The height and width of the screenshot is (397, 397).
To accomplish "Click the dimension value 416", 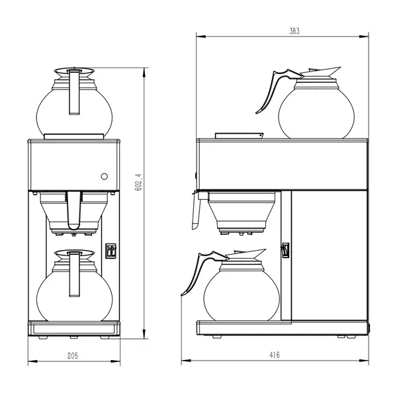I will click(275, 355).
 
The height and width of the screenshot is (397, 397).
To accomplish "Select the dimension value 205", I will click(73, 355).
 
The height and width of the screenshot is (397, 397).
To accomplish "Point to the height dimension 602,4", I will click(138, 182).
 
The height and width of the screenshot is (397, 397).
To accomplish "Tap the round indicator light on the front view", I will click(104, 176).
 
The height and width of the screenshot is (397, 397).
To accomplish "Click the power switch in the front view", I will click(111, 251).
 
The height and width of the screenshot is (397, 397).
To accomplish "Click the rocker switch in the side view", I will click(286, 250).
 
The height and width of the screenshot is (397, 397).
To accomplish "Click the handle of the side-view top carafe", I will click(268, 91).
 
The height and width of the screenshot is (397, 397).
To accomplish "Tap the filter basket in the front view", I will click(73, 210).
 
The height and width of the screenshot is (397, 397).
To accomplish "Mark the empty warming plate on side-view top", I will click(240, 136).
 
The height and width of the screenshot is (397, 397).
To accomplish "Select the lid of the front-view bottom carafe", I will click(73, 253).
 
